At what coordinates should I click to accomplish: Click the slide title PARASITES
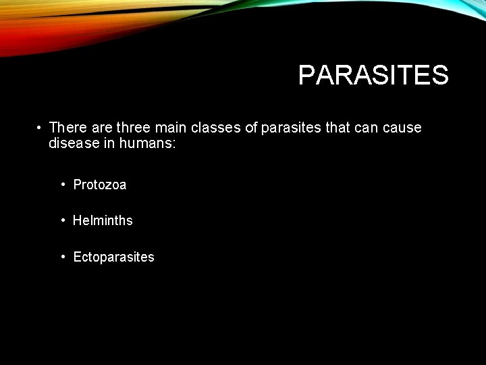[x=373, y=75]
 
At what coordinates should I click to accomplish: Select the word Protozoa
[x=100, y=185]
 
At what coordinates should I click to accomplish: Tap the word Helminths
[x=103, y=220]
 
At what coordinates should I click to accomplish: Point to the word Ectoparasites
[x=113, y=257]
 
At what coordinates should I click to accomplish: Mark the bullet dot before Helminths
[x=62, y=220]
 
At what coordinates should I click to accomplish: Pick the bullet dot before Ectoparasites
[x=62, y=257]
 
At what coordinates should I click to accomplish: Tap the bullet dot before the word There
[x=40, y=128]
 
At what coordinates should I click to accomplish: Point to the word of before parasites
[x=251, y=128]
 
